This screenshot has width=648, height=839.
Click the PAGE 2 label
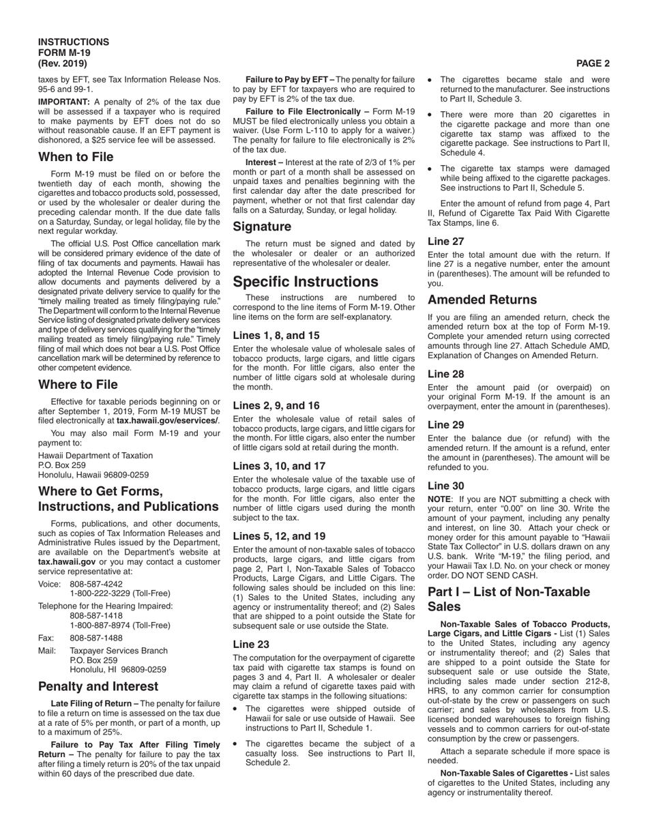593,63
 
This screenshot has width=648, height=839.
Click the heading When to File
76,157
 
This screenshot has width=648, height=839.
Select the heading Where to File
78,385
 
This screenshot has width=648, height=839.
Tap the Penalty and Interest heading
98,686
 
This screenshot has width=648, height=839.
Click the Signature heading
262,226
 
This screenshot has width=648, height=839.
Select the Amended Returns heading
482,300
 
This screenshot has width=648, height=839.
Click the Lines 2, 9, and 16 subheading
276,405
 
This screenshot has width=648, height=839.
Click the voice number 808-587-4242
96,584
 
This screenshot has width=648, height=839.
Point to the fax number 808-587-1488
96,638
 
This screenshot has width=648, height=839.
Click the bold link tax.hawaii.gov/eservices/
168,421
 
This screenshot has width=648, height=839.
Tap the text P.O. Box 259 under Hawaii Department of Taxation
62,465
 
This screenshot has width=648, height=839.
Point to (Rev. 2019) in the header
63,63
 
